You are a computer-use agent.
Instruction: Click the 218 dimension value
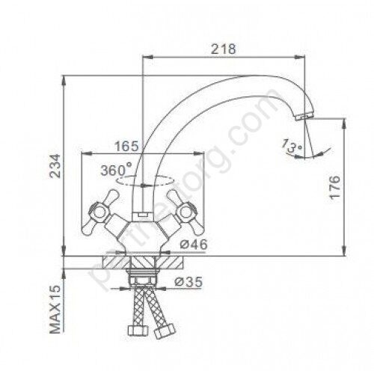[223, 49]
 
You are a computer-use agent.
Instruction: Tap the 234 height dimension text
[55, 165]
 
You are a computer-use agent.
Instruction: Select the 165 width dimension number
[126, 146]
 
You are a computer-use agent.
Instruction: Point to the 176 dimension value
[334, 187]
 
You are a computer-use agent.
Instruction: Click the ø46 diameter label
[194, 245]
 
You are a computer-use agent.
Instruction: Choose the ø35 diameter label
[188, 282]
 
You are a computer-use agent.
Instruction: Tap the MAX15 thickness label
[55, 309]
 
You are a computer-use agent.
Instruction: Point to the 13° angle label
[292, 146]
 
